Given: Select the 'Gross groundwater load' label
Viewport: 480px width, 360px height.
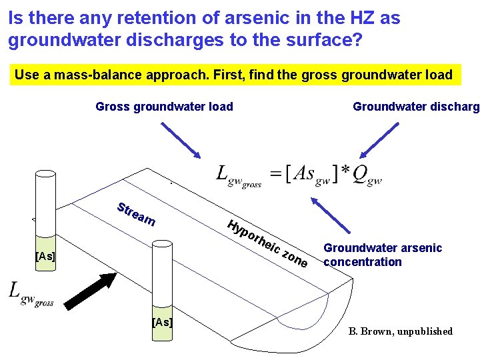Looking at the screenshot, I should coord(164,106).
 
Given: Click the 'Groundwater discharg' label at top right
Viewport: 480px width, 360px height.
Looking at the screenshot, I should coord(415,106).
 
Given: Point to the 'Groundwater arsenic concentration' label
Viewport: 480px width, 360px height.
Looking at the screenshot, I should coord(382,255).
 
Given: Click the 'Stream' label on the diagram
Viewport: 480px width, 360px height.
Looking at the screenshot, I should coord(137,213).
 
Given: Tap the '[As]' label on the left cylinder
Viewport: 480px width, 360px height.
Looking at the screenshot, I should coord(45,256).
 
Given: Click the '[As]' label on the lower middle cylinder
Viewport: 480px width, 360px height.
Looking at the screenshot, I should coord(162,322).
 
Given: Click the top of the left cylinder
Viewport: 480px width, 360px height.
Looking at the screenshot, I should coord(46,173).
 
